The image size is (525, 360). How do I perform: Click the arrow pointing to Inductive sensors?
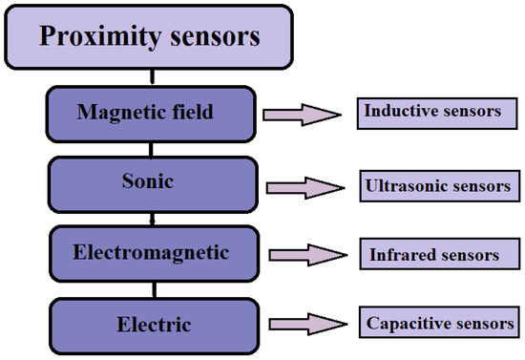point(302,115)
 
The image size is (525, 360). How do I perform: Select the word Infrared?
point(401,255)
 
